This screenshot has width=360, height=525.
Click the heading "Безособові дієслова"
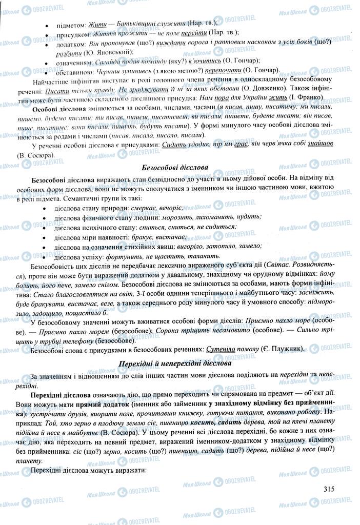click(180, 167)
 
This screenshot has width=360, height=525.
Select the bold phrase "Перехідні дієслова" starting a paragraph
click(61, 395)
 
